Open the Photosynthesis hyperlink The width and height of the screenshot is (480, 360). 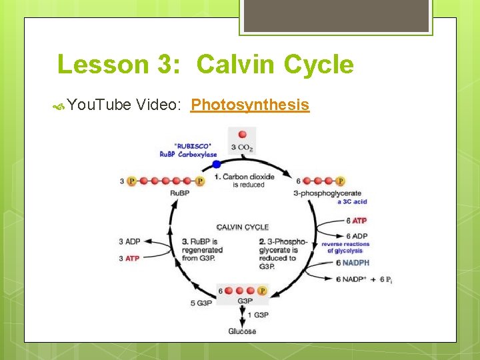[250, 105]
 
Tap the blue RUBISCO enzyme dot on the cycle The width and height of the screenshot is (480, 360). [215, 164]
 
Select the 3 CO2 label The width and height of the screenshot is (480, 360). [241, 147]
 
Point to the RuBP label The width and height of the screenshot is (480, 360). [179, 193]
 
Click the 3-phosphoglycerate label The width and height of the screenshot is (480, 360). [327, 193]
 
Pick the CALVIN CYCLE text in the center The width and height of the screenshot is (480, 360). [243, 227]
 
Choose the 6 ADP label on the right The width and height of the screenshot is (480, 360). [357, 236]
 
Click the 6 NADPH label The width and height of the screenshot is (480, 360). [353, 263]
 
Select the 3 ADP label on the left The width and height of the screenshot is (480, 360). [129, 242]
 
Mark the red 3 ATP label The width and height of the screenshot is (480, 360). [129, 258]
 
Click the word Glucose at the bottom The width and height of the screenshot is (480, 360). [242, 331]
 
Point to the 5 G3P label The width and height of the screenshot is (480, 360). [201, 303]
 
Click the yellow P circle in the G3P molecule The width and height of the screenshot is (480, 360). [262, 291]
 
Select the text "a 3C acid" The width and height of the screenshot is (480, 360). [352, 201]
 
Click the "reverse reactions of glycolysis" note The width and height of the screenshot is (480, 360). [345, 247]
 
